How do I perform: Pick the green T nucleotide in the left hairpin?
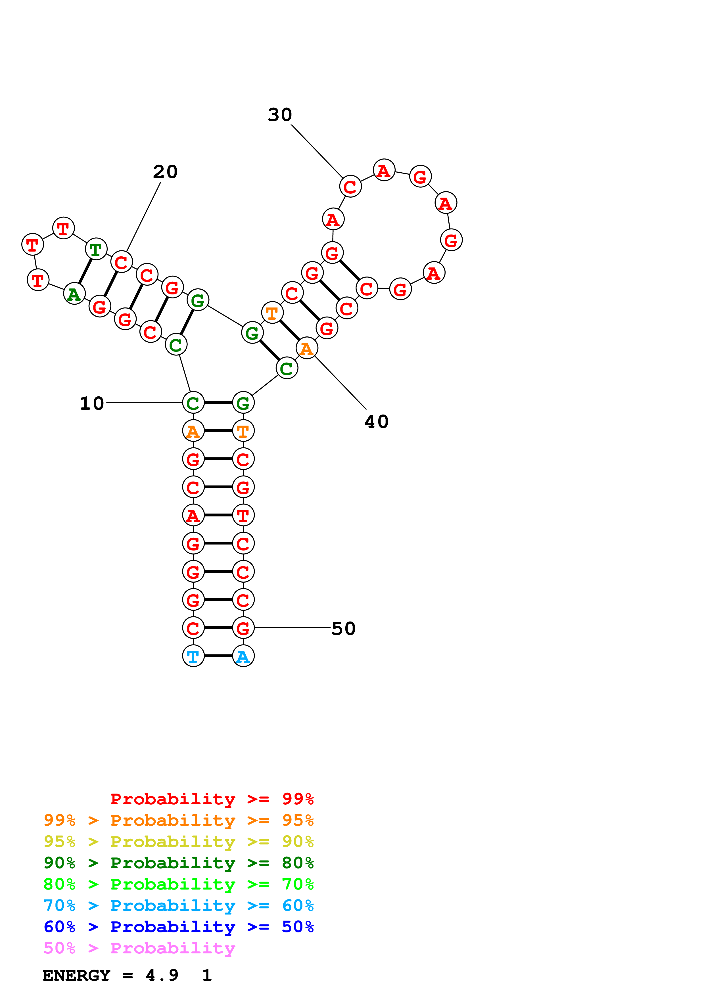[x=96, y=249]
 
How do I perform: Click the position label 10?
[x=92, y=403]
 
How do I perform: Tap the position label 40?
[x=377, y=422]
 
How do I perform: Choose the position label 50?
[x=344, y=629]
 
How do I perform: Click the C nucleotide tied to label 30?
[x=350, y=187]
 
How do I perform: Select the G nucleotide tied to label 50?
[x=243, y=628]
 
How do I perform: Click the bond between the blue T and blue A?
[x=218, y=656]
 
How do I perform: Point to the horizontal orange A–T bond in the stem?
[x=218, y=431]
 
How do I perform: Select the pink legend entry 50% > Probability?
[x=139, y=948]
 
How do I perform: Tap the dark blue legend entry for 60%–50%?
[x=179, y=927]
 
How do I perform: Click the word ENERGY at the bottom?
[x=76, y=976]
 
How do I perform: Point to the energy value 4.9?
[x=162, y=976]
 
